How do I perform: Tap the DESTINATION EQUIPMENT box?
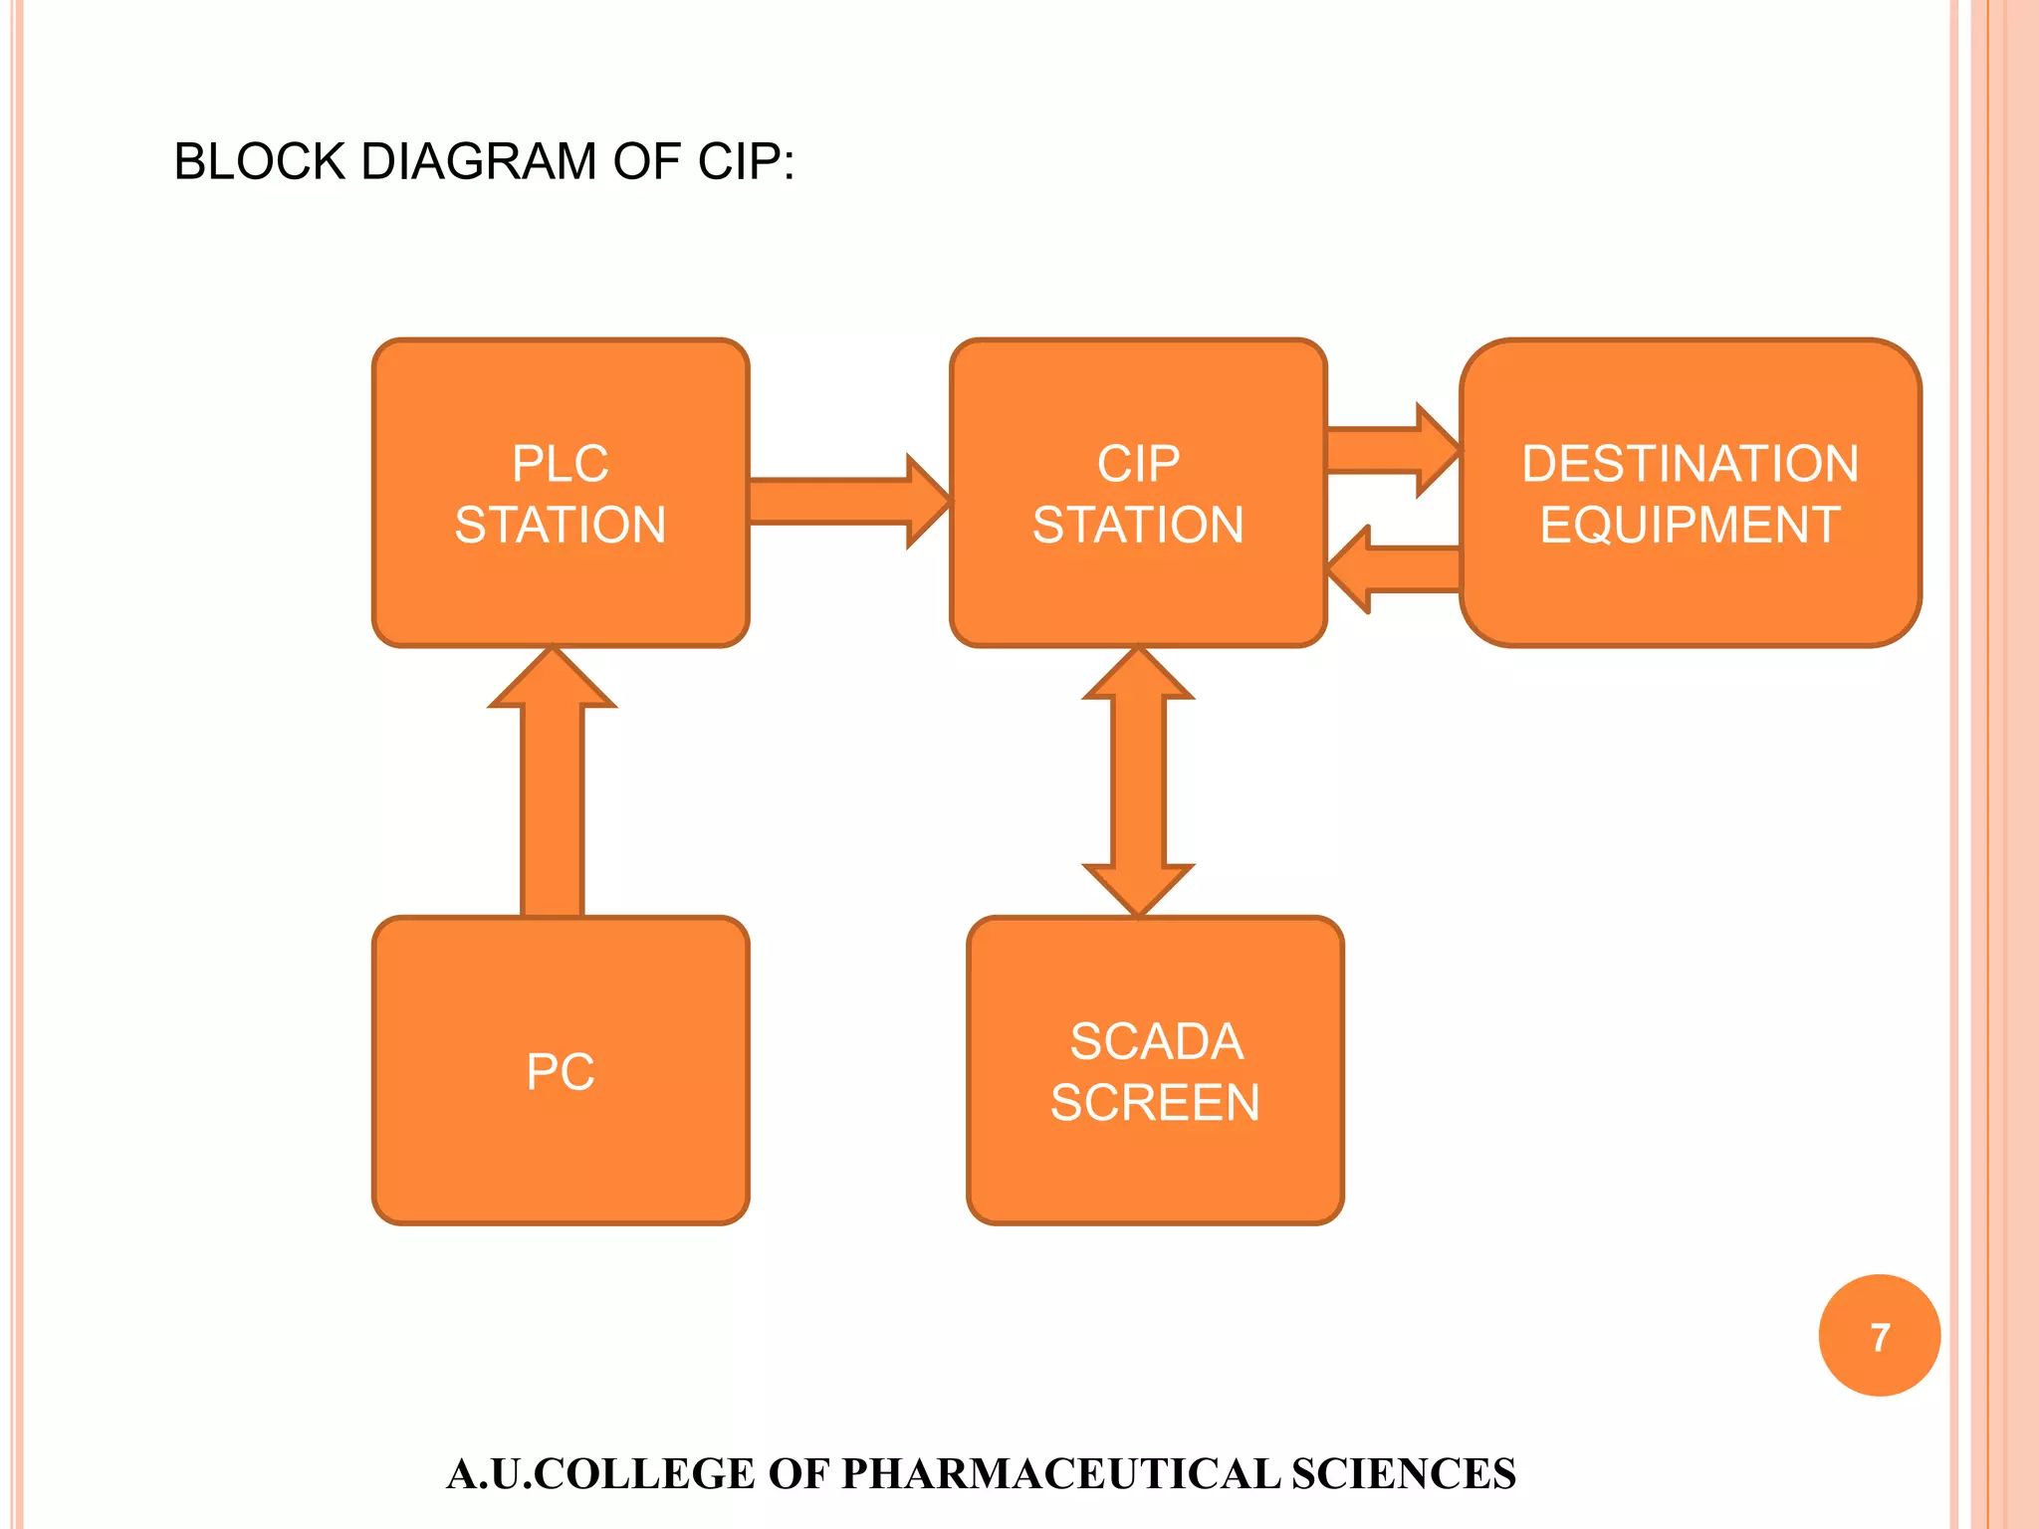pyautogui.click(x=1690, y=597)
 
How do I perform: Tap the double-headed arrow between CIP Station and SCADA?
pyautogui.click(x=1138, y=781)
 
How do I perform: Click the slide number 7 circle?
pyautogui.click(x=1879, y=1336)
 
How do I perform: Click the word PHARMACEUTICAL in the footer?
pyautogui.click(x=1060, y=1474)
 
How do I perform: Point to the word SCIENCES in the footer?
pyautogui.click(x=1404, y=1474)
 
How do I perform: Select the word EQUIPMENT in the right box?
pyautogui.click(x=1690, y=525)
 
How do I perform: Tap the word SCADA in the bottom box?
pyautogui.click(x=1156, y=1042)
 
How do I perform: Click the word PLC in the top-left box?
pyautogui.click(x=561, y=464)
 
